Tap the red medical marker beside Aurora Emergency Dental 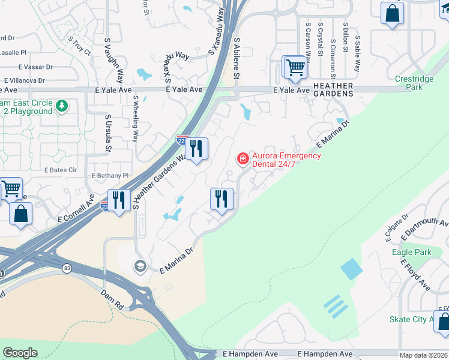(x=243, y=159)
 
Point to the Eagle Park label (x=411, y=253)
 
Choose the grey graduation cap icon (x=140, y=266)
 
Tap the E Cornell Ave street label (x=76, y=208)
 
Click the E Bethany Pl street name (x=110, y=175)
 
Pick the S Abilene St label (x=237, y=58)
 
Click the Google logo (x=20, y=353)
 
